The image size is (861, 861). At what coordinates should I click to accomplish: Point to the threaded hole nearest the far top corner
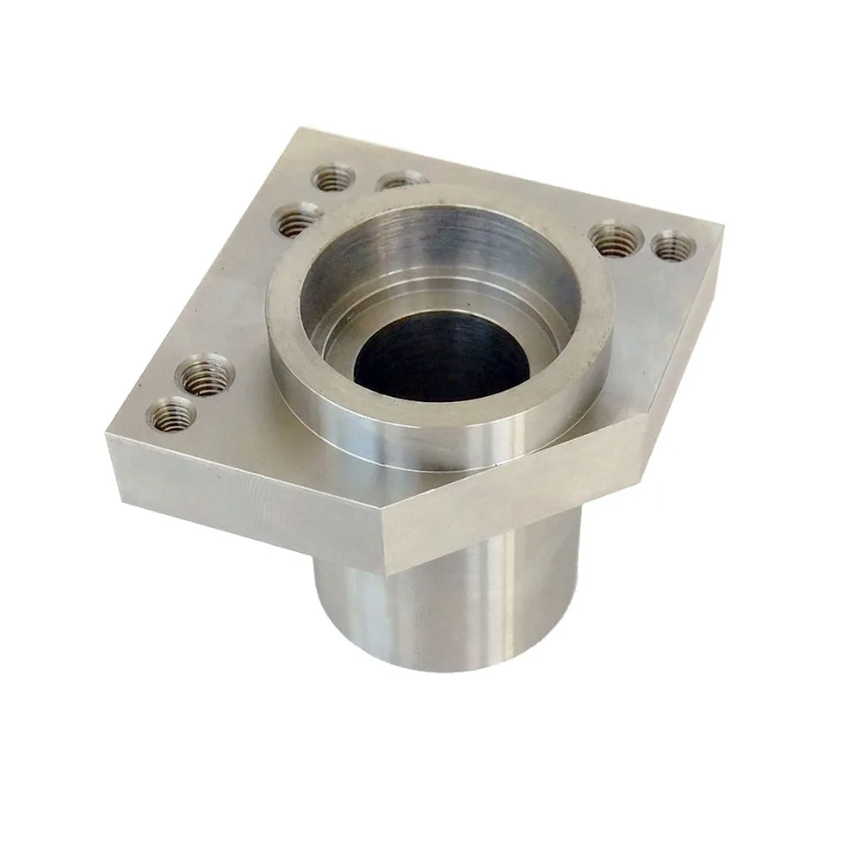[334, 178]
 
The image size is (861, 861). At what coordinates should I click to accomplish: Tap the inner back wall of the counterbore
[448, 237]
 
